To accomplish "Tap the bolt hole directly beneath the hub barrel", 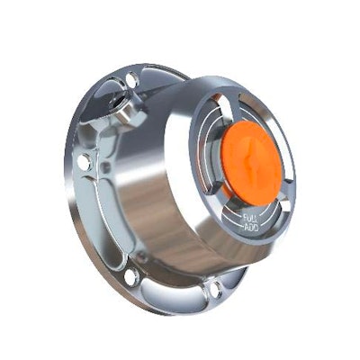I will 217,289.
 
